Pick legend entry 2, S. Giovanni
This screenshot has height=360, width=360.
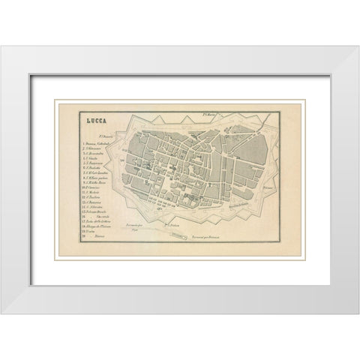[95, 150]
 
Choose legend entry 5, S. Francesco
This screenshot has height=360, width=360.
[96, 168]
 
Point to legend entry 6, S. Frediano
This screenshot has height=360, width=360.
[95, 174]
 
